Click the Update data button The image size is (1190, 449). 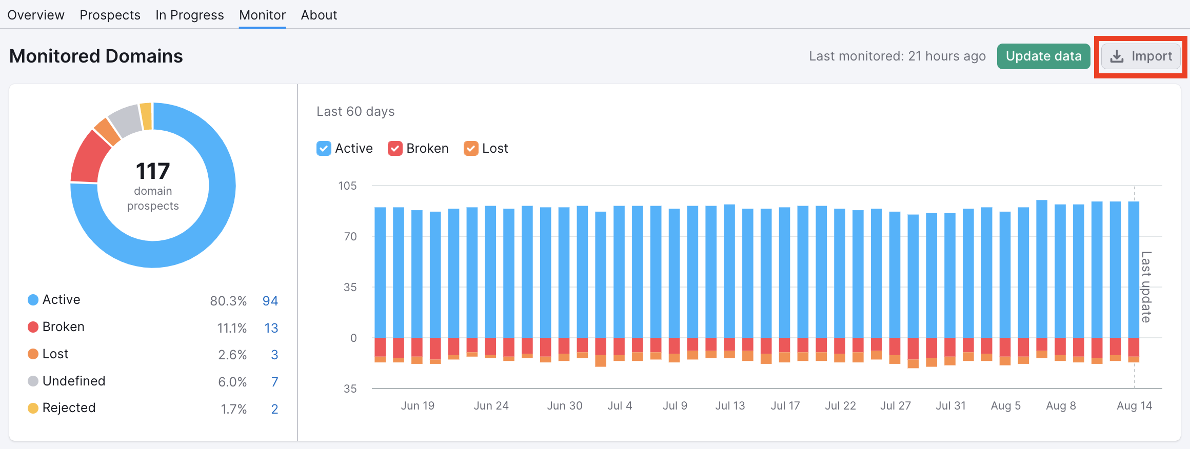pos(1043,56)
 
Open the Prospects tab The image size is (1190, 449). pos(110,15)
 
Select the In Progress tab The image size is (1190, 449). pos(189,15)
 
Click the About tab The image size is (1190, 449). pos(319,15)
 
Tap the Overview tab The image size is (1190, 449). pos(36,15)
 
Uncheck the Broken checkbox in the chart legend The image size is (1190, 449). pos(395,149)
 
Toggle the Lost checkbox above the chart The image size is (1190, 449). pos(471,149)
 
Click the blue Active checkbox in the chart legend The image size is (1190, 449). pos(324,149)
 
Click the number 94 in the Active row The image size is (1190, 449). pos(270,301)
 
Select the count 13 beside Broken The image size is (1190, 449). pos(271,328)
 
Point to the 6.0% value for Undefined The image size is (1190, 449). pos(232,382)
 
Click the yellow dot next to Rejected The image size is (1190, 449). pos(33,408)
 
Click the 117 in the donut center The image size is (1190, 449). pos(153,171)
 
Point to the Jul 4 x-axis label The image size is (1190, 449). pos(620,406)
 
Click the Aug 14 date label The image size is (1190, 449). pos(1134,406)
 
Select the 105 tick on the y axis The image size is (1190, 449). pos(347,186)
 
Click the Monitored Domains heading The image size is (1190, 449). pos(96,56)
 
